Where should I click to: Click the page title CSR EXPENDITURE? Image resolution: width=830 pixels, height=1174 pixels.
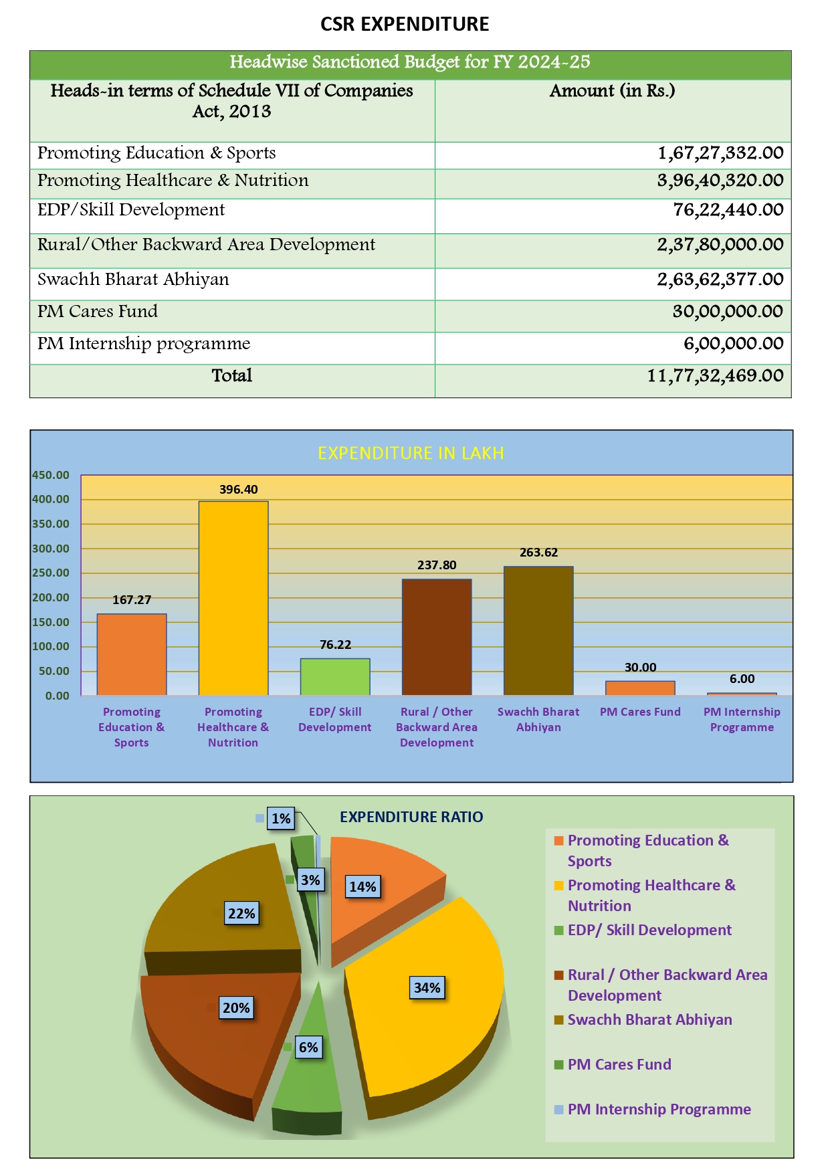(x=405, y=24)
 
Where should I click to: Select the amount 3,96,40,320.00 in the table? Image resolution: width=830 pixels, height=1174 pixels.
(x=720, y=181)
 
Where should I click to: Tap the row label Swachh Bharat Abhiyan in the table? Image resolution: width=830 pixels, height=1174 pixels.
(x=133, y=280)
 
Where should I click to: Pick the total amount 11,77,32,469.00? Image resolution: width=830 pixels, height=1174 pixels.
(x=715, y=376)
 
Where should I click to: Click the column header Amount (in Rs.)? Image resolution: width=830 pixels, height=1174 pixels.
(x=612, y=91)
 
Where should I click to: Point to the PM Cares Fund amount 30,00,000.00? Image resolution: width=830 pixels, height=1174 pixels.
(x=728, y=312)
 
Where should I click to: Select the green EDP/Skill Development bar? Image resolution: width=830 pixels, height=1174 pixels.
(x=335, y=676)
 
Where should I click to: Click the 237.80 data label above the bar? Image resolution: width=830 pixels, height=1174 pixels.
(x=437, y=565)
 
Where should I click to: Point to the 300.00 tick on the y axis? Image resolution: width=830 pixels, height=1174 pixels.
(x=51, y=549)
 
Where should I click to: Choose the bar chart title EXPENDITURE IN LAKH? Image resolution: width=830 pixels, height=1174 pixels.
(x=411, y=454)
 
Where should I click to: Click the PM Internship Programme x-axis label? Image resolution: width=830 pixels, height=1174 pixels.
(x=742, y=720)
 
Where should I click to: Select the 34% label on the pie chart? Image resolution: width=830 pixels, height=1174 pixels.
(x=427, y=988)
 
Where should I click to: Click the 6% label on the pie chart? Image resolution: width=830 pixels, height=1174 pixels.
(x=308, y=1048)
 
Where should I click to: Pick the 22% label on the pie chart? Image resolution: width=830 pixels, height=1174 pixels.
(x=241, y=914)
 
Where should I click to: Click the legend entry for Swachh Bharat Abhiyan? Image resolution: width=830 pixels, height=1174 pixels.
(x=649, y=1020)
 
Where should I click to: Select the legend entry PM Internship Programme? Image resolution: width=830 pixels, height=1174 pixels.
(x=659, y=1110)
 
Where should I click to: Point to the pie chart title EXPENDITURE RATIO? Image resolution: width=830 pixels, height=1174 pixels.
(x=411, y=817)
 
